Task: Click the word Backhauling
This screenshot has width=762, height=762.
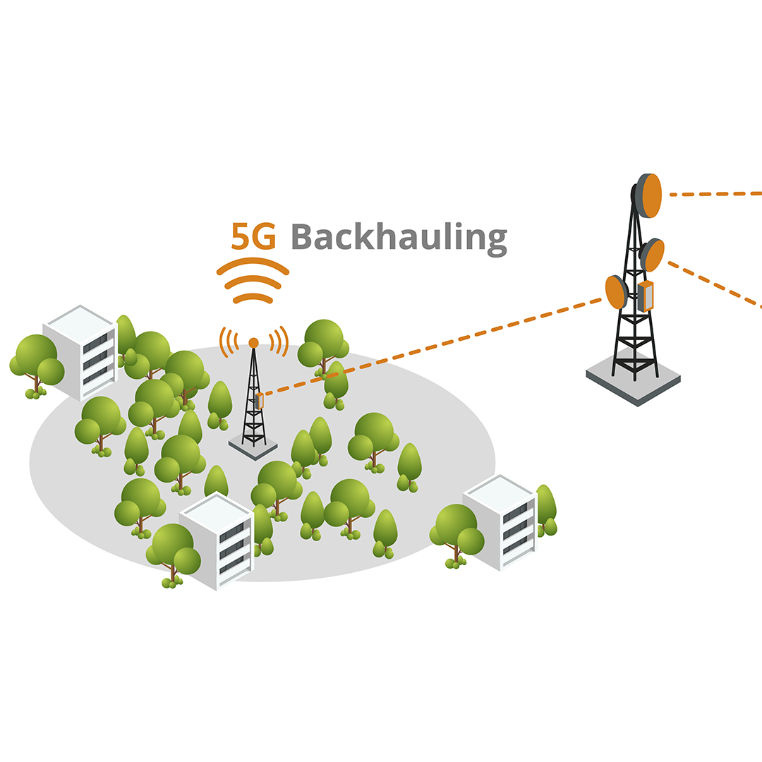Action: point(399,237)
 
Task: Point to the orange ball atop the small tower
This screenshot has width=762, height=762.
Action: point(253,343)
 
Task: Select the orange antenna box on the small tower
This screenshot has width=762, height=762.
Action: point(260,401)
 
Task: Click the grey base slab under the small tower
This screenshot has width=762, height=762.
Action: point(253,447)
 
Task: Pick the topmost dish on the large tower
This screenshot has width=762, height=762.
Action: point(648,195)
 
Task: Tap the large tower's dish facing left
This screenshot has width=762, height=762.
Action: point(616,292)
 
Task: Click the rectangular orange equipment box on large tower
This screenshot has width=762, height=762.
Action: point(646,296)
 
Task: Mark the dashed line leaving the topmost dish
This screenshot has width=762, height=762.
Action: point(713,193)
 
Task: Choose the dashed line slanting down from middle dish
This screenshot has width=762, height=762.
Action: point(713,285)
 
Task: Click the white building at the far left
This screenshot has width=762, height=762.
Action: point(80,351)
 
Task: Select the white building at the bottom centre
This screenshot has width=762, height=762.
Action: point(216,539)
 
